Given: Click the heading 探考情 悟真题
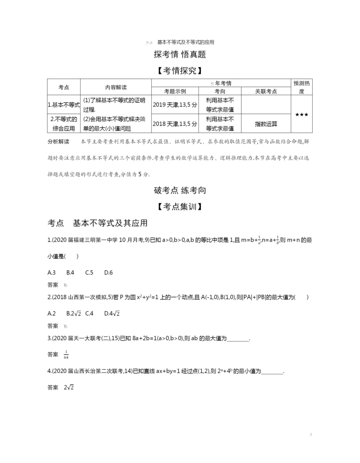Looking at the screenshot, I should tap(180, 55).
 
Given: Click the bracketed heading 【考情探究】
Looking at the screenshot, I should tap(180, 71).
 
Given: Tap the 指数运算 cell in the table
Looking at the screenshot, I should tap(266, 123).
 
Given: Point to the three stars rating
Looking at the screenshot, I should tap(301, 115).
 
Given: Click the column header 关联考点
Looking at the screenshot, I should tap(266, 91).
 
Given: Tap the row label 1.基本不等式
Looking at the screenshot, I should tap(63, 104).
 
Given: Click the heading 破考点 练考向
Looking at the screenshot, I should tap(180, 190).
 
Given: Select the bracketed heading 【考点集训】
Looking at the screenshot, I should tap(180, 207).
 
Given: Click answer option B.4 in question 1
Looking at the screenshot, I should tap(70, 273).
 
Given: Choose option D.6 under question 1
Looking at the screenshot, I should tap(108, 273).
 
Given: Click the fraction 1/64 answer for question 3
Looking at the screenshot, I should tap(66, 355).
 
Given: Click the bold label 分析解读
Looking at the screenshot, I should tap(58, 142).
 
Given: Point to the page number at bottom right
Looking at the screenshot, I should tap(311, 435).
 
